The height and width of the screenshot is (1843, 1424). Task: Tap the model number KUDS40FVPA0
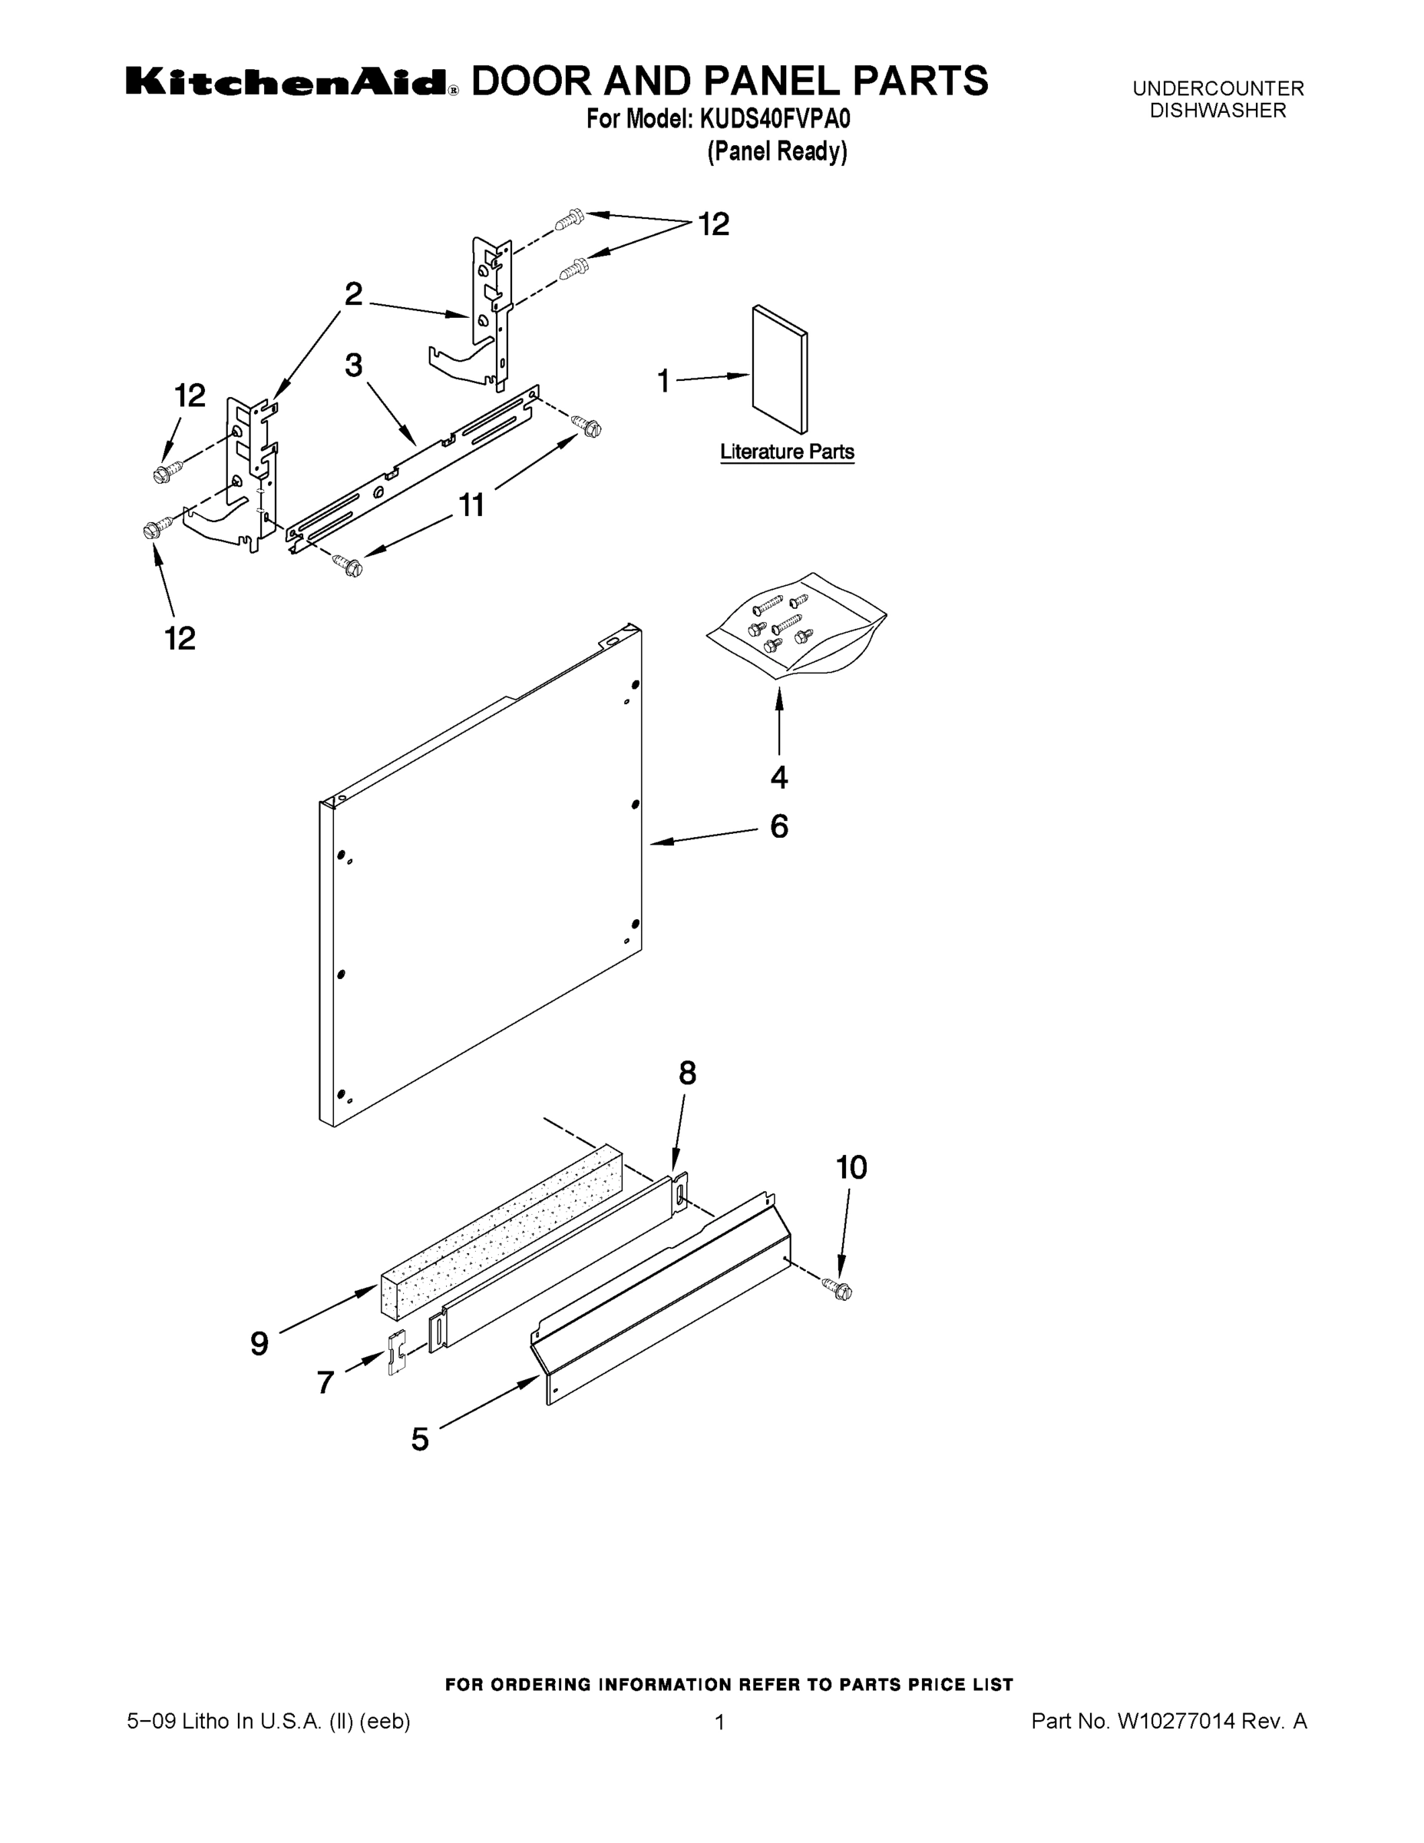(x=774, y=120)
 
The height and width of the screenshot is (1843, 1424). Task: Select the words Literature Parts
(x=786, y=452)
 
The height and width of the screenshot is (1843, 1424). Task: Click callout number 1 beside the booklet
(x=664, y=382)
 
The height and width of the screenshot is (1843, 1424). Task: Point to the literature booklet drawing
(x=779, y=369)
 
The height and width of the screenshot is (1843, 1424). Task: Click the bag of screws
(x=795, y=626)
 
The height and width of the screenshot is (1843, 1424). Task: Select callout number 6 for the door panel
(x=778, y=826)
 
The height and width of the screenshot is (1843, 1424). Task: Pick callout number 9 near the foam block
(x=259, y=1342)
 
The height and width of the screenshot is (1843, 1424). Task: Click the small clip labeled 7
(x=395, y=1353)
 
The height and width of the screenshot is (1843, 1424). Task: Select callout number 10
(x=851, y=1168)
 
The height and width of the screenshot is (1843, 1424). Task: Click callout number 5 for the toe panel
(x=420, y=1439)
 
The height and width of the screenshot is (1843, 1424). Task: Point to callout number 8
(x=688, y=1074)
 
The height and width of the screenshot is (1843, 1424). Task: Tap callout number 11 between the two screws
(x=471, y=505)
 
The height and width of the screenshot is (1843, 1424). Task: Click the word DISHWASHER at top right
(x=1218, y=111)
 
